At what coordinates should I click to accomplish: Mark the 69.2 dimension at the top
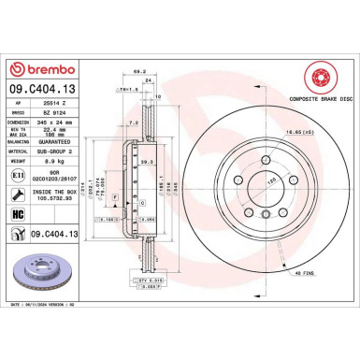pos(140,69)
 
